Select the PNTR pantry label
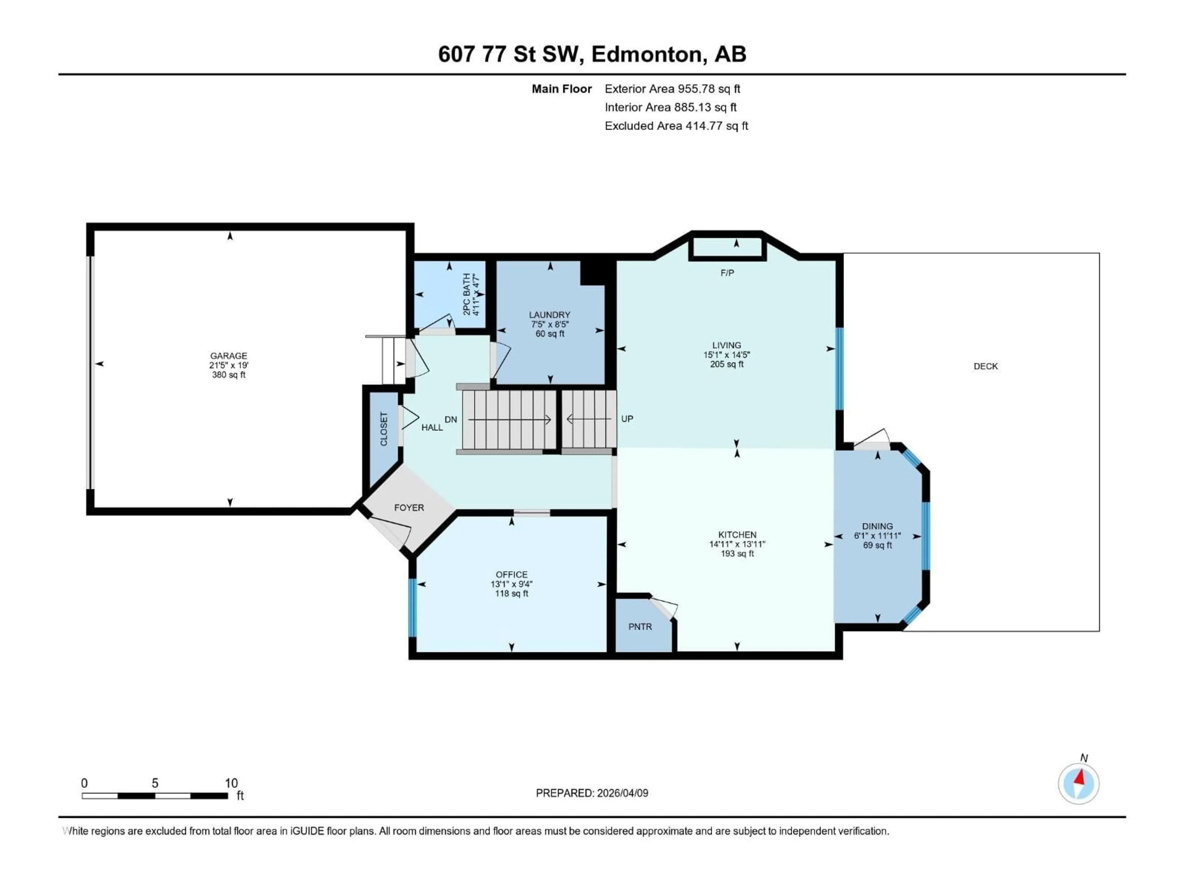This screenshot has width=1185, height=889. pos(640,626)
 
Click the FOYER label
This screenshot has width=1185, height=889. pos(409,507)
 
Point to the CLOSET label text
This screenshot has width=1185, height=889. pos(384,429)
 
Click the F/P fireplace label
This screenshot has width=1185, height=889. pos(727,273)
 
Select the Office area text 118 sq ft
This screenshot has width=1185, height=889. pos(512,594)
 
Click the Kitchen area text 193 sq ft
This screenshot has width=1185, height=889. pos(737,553)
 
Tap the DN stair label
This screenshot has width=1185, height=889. pos(451,419)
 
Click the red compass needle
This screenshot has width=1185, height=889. pos(1080,778)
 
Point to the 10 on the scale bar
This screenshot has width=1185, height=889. pos(231,783)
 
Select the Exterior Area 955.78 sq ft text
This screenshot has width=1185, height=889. pos(672,89)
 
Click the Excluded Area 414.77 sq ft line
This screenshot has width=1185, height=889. pos(676,126)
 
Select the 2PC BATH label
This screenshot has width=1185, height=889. pos(467,294)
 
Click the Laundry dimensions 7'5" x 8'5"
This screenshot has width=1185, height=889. pos(550,324)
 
